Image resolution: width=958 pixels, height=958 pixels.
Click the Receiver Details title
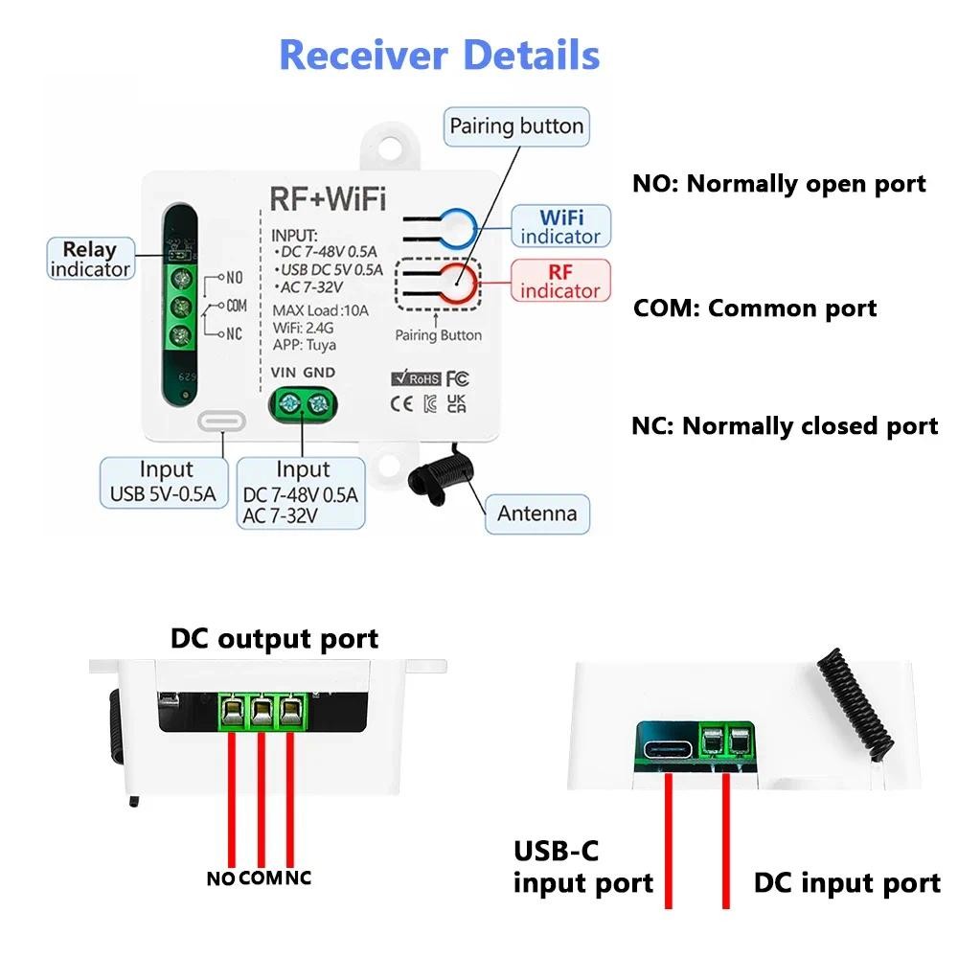(x=439, y=55)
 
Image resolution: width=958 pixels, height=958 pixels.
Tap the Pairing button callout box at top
(x=516, y=126)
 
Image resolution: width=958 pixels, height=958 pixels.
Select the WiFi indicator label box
(x=560, y=225)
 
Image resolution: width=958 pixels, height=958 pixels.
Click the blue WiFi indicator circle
(x=458, y=226)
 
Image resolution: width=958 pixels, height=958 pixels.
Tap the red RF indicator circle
(x=458, y=283)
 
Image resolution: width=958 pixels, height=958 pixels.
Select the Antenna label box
(x=536, y=513)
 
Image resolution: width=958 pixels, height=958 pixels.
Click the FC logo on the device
(x=457, y=378)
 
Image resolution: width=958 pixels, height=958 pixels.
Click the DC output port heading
(x=274, y=638)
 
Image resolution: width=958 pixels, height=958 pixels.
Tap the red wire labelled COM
(x=260, y=795)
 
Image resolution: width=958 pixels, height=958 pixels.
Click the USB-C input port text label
(x=582, y=867)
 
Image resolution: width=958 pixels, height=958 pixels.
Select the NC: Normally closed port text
(x=785, y=426)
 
